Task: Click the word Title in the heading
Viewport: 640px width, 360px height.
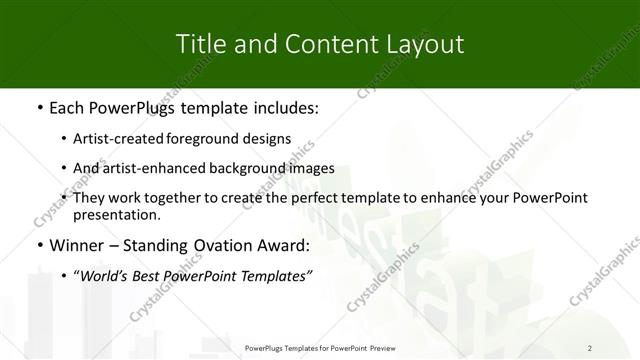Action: [198, 44]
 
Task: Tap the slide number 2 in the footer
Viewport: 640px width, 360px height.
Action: [590, 347]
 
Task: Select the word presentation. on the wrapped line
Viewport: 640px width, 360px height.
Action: [116, 214]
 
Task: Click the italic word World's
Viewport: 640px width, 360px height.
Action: [102, 275]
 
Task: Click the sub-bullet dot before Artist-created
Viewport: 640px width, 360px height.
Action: [64, 139]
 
